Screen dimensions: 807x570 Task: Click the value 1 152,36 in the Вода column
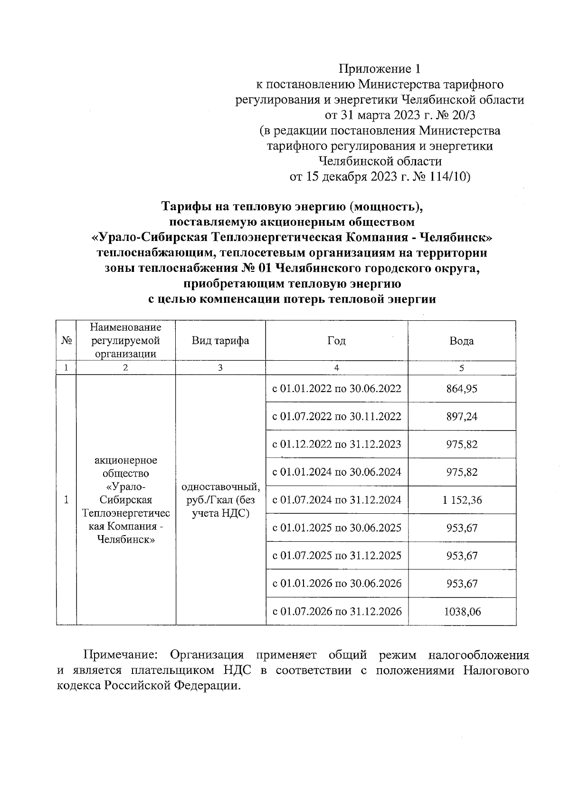462,500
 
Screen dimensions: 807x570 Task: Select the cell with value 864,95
462,389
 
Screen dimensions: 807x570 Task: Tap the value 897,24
462,416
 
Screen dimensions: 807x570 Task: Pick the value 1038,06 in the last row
462,612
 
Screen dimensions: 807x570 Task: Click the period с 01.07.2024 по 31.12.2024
336,500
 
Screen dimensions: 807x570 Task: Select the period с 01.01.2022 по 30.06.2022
336,389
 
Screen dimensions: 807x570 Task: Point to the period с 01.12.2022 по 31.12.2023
336,444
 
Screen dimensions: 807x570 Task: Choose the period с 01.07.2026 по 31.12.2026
336,612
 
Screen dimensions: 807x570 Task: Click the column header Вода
462,341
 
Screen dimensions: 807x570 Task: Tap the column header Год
336,341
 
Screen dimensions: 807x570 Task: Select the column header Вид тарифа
220,341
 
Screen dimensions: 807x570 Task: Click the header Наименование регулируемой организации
125,340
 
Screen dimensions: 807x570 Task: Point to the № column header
66,341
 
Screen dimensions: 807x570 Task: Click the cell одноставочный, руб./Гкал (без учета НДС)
220,500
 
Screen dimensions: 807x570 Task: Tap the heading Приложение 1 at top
380,69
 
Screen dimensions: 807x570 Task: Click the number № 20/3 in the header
459,115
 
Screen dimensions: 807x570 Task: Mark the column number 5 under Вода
462,368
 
